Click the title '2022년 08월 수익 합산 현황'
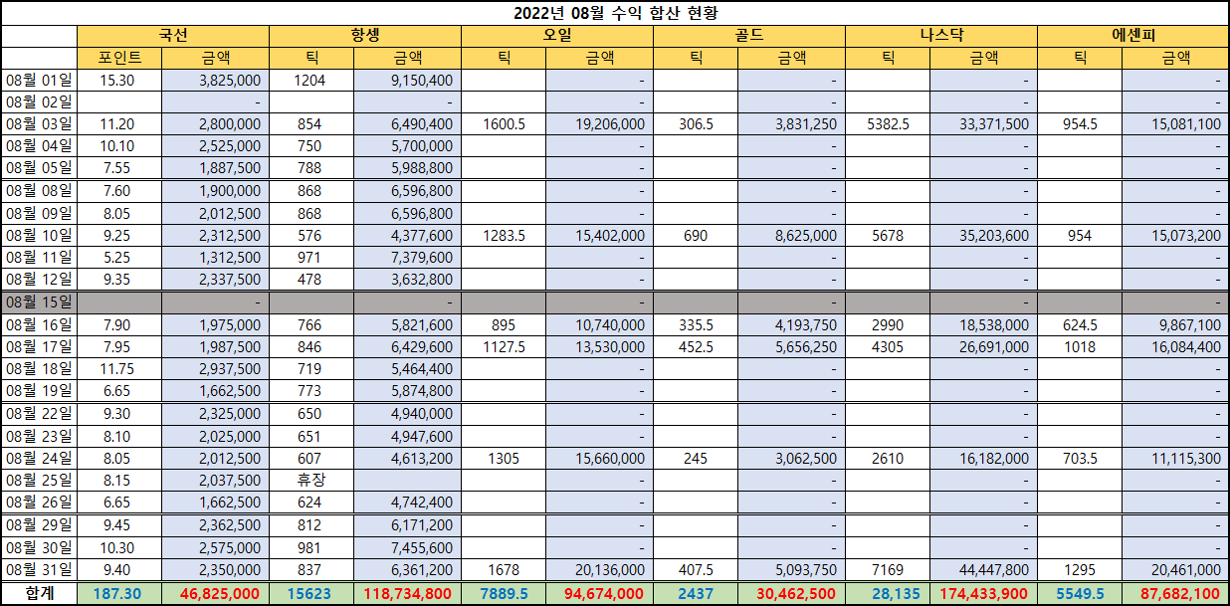coord(615,13)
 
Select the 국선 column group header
coord(172,36)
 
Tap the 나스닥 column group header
coord(940,36)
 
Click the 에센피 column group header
coord(1132,36)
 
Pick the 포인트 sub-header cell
coord(119,58)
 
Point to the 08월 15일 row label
coord(39,302)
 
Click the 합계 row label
coord(39,593)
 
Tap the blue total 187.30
coord(119,593)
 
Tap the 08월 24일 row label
coord(39,459)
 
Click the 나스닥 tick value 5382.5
coord(888,124)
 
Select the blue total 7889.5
coord(504,593)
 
